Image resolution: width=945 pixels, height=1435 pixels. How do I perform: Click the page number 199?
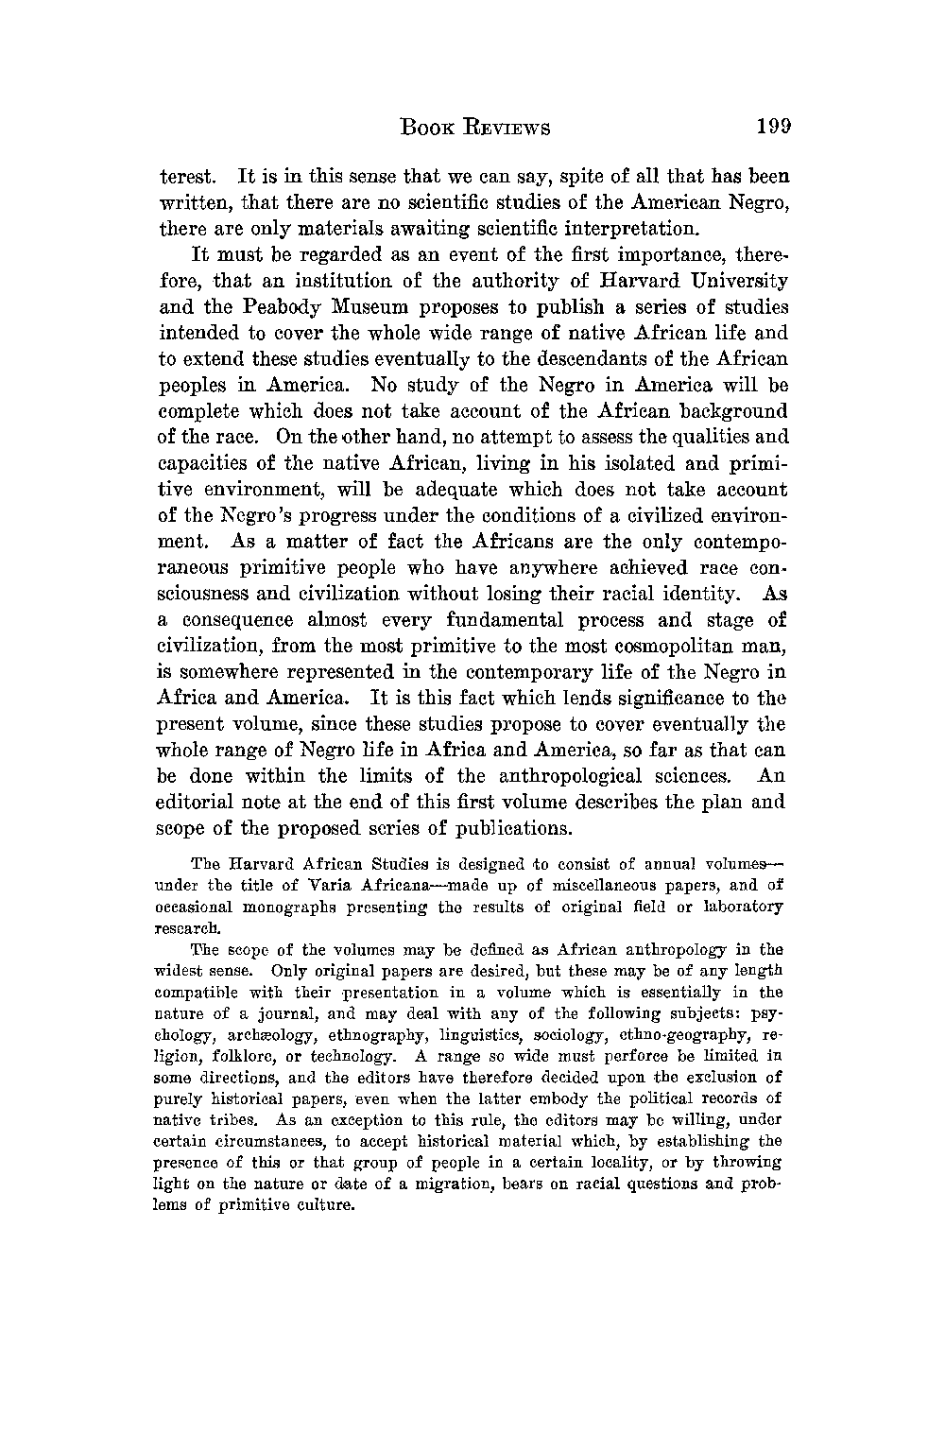pyautogui.click(x=772, y=127)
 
